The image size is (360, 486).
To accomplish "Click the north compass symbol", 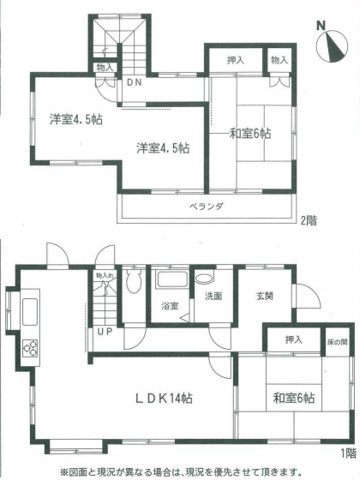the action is click(332, 46).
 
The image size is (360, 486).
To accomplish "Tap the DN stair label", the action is click(134, 83).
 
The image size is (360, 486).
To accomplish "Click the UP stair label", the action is click(105, 332).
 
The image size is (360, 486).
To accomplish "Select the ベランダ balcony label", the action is click(207, 206).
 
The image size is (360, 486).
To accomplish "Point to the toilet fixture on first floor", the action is click(134, 280).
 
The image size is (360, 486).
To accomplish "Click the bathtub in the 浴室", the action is click(172, 279).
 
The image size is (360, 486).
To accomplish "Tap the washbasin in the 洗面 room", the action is click(205, 278).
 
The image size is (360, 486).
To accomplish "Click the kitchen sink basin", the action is click(30, 311).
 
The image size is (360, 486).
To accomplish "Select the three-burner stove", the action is click(30, 347).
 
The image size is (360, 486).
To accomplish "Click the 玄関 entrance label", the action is click(265, 297).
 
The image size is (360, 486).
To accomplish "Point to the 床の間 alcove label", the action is click(337, 342).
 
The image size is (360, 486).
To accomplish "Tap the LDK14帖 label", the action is click(164, 399).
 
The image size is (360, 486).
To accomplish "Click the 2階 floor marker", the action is click(309, 220).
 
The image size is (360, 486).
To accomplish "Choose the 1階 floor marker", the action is click(349, 453).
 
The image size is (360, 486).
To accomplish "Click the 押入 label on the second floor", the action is click(236, 61).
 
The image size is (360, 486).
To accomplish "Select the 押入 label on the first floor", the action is click(294, 340).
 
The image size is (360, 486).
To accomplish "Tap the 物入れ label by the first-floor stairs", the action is click(105, 275).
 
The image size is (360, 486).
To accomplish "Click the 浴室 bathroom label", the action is click(170, 306).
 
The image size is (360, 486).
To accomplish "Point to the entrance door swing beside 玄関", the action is click(306, 296).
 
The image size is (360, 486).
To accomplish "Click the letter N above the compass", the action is click(321, 26).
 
